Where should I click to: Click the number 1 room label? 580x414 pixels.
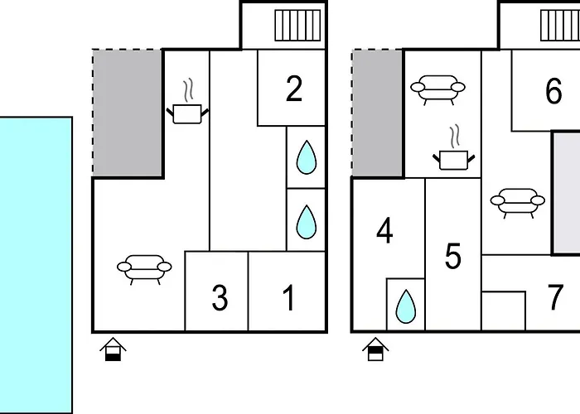point(288,297)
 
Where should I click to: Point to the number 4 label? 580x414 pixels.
point(384,232)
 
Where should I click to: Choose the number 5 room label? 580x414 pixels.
point(452,257)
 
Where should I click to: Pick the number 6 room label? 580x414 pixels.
point(553,92)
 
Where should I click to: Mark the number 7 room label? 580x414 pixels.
point(556,297)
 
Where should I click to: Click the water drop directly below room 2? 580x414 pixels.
point(307,156)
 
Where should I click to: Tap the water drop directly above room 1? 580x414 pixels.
point(307,221)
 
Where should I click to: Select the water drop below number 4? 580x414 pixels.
point(405,306)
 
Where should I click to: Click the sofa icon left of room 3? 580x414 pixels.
point(143,268)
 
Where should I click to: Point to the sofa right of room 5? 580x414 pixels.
point(518,200)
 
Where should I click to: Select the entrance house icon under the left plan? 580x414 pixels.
point(113,350)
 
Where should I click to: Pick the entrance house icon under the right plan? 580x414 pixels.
point(375,350)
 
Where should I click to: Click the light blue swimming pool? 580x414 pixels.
point(36,265)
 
